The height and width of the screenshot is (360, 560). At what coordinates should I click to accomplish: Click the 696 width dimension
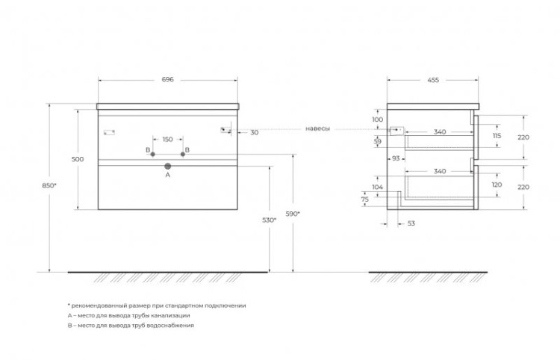pos(167,79)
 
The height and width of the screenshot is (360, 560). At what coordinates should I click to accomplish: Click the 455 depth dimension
pos(433,80)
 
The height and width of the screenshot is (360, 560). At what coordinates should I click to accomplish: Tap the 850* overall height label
pos(49,185)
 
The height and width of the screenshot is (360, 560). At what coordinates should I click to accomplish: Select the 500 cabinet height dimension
pos(78,159)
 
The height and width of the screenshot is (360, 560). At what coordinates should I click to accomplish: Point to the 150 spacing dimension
pos(167,139)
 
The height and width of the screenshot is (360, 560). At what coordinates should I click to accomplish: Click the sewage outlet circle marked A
pos(168,166)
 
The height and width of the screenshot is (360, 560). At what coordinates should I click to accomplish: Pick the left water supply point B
pos(152,155)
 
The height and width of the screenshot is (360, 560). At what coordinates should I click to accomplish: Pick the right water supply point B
pos(183,155)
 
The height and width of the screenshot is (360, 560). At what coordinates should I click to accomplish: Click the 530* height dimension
pos(270,220)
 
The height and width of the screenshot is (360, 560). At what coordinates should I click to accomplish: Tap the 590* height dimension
pos(293,214)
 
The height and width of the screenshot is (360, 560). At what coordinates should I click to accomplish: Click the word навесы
pos(317,128)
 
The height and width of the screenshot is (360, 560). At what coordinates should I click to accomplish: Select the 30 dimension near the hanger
pos(255,132)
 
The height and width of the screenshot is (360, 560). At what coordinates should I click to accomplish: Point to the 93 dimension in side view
pos(396,158)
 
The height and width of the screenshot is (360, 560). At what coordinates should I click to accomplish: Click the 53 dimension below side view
pos(411,223)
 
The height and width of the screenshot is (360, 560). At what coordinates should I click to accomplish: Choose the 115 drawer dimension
pos(497,136)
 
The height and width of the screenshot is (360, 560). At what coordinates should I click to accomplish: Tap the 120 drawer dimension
pos(497,184)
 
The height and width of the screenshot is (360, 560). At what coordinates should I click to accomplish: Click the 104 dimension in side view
pos(377,187)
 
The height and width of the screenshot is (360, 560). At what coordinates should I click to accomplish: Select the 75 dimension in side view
pos(365,199)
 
